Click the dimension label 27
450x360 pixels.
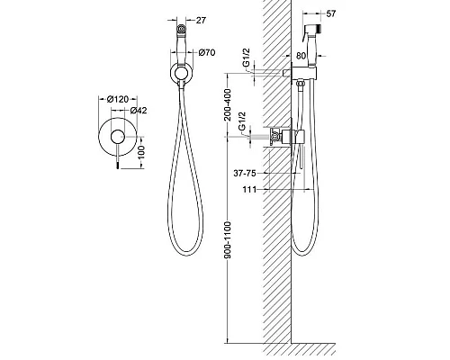point(201,20)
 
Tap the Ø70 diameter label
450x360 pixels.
point(207,52)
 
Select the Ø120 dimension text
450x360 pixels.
point(118,99)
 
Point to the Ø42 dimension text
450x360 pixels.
point(139,111)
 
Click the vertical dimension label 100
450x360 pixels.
point(141,152)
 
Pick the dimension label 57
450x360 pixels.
point(330,13)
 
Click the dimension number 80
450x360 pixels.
point(301,56)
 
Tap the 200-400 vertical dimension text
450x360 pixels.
point(228,104)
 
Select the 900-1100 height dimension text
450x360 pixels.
point(228,240)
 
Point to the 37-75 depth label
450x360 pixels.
point(245,173)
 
